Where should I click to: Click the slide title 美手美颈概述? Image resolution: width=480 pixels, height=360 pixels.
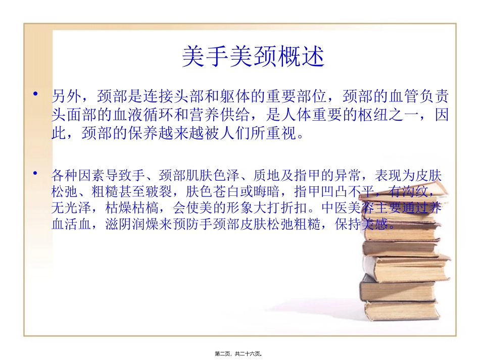(x=253, y=58)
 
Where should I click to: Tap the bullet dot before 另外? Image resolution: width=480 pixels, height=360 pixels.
(x=35, y=94)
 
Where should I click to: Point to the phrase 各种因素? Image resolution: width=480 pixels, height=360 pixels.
(x=75, y=176)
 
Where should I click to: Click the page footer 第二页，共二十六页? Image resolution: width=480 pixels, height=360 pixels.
(x=240, y=354)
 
